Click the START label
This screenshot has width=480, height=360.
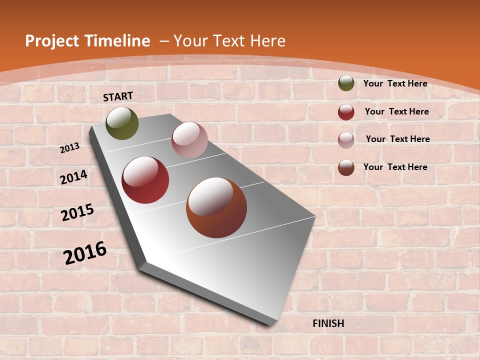pyautogui.click(x=118, y=96)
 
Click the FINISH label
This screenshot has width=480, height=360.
pyautogui.click(x=328, y=323)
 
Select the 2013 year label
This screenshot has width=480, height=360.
pyautogui.click(x=70, y=147)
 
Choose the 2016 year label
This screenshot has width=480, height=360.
pyautogui.click(x=85, y=252)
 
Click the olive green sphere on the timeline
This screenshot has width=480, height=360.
pyautogui.click(x=122, y=123)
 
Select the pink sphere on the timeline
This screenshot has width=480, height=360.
pyautogui.click(x=189, y=140)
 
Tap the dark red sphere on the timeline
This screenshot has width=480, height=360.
pyautogui.click(x=145, y=180)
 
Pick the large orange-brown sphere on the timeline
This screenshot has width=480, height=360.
pyautogui.click(x=216, y=207)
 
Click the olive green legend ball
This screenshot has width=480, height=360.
pyautogui.click(x=346, y=83)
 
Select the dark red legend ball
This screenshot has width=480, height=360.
pyautogui.click(x=346, y=112)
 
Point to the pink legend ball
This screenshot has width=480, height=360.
pyautogui.click(x=346, y=139)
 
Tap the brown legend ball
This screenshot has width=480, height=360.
pyautogui.click(x=346, y=167)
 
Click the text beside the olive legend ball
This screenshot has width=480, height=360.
pyautogui.click(x=395, y=83)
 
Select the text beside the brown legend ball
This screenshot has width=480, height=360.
pyautogui.click(x=395, y=167)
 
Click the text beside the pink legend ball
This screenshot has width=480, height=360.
pyautogui.click(x=397, y=139)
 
